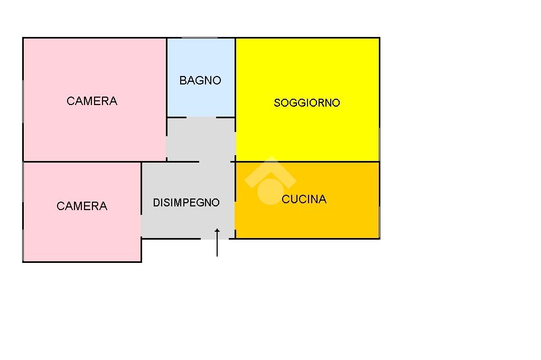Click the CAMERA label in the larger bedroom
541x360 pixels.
coord(92,101)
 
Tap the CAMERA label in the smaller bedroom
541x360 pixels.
coord(82,206)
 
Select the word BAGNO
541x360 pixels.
coord(200,81)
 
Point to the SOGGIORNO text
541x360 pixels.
coord(306,103)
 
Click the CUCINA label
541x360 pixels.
coord(304,199)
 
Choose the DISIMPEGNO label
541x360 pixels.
coord(186,203)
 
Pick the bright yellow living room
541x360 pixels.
coord(306,132)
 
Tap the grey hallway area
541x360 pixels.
coord(188,222)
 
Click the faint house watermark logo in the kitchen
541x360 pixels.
coord(269,181)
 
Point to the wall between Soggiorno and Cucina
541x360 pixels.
coord(317,162)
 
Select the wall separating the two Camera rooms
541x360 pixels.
coord(79,162)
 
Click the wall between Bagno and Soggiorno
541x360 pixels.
coord(235,79)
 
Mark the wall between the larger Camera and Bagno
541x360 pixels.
coord(167,79)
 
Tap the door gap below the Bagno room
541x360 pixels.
coord(201,117)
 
